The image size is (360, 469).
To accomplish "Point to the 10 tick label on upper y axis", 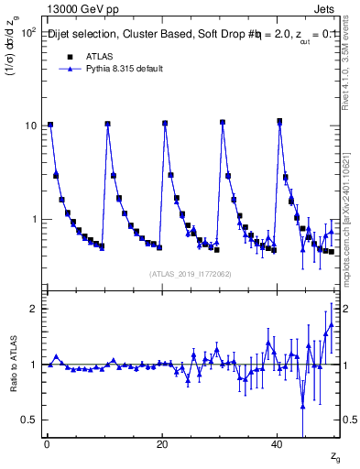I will (31, 125).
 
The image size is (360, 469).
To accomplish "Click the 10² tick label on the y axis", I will (29, 31).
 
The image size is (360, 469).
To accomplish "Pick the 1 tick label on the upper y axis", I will (35, 220).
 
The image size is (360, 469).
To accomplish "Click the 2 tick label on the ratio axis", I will (35, 309).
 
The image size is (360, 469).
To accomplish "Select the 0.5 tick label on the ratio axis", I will (30, 420).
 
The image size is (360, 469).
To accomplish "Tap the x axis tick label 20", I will (162, 444).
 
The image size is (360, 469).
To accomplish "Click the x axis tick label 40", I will (277, 444).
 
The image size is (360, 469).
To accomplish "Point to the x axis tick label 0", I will (47, 444).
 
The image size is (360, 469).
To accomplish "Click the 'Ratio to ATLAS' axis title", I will (13, 365).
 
